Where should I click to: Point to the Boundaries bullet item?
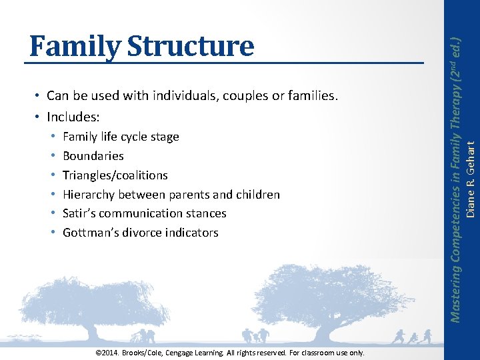pyautogui.click(x=93, y=156)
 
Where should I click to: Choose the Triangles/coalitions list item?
pyautogui.click(x=115, y=175)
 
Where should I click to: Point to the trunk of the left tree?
pyautogui.click(x=93, y=331)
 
